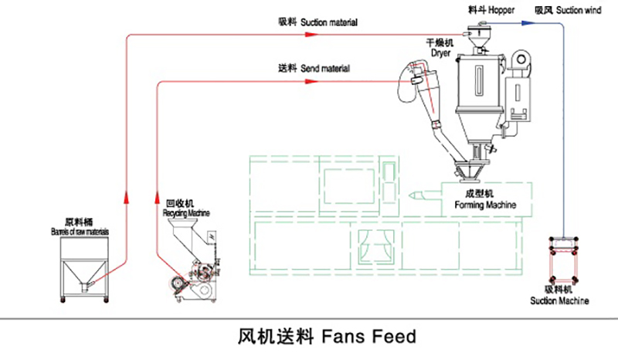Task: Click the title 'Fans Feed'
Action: pyautogui.click(x=325, y=337)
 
